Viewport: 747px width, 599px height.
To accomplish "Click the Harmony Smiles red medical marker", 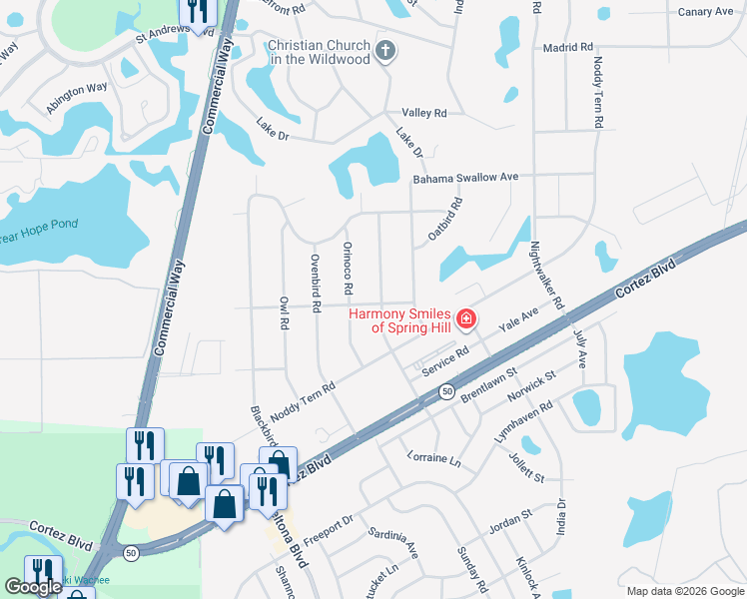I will [x=464, y=319].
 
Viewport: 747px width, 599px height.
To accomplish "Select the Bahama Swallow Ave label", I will [x=466, y=178].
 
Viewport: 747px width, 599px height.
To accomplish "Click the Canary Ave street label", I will [x=705, y=12].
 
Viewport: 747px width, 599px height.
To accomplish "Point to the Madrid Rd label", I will [x=567, y=47].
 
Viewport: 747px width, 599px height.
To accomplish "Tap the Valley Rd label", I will [x=423, y=113].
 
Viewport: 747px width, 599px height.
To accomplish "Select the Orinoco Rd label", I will [x=348, y=269].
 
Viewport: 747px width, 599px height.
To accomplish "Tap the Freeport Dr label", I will [x=329, y=525].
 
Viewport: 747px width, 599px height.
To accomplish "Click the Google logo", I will [x=33, y=587].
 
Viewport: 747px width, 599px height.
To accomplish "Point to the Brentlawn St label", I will [x=488, y=384].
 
